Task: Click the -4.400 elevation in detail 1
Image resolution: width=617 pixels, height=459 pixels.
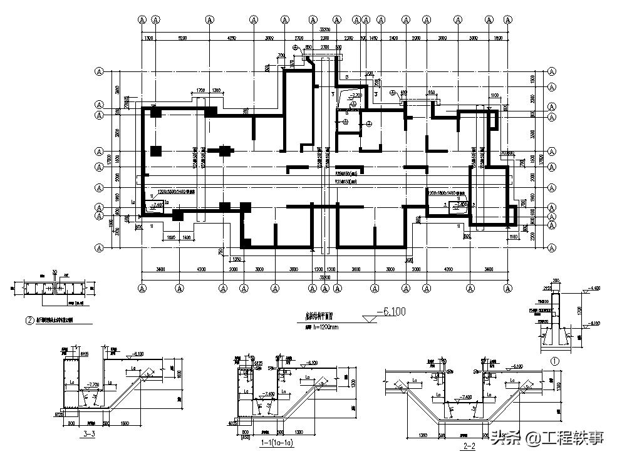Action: point(593,288)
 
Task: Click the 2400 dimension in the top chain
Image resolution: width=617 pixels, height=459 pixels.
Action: point(393,38)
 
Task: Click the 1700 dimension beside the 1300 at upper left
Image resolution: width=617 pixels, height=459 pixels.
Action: point(200,91)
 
